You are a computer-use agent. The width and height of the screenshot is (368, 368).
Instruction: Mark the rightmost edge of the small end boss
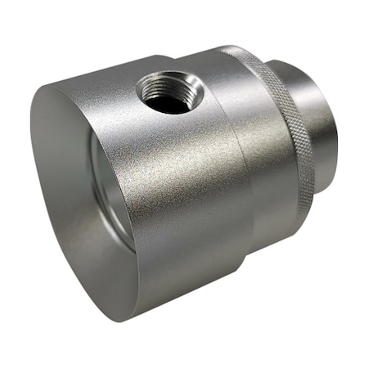(x=336, y=123)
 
